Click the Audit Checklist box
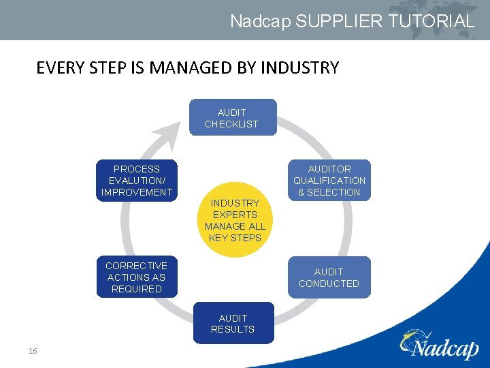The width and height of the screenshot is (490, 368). [232, 117]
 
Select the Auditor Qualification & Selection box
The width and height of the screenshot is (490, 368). [329, 180]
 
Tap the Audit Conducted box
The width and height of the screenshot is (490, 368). [329, 277]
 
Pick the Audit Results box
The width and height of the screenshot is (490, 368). [233, 323]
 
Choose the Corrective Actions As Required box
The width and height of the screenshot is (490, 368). [136, 277]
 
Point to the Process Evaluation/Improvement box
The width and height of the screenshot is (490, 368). [137, 180]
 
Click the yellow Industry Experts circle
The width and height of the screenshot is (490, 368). [235, 220]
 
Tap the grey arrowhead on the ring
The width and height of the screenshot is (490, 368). [165, 137]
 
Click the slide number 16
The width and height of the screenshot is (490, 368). [33, 351]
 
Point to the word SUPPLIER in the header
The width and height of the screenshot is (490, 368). [329, 21]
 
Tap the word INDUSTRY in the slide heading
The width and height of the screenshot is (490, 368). [300, 67]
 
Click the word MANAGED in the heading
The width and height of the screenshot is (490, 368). [194, 67]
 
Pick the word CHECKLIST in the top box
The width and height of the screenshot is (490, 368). [232, 124]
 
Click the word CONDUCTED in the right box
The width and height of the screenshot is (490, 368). [329, 283]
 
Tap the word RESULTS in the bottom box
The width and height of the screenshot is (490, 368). [233, 329]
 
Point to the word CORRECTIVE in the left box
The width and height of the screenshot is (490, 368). [136, 266]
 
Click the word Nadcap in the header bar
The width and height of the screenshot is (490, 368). [260, 21]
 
